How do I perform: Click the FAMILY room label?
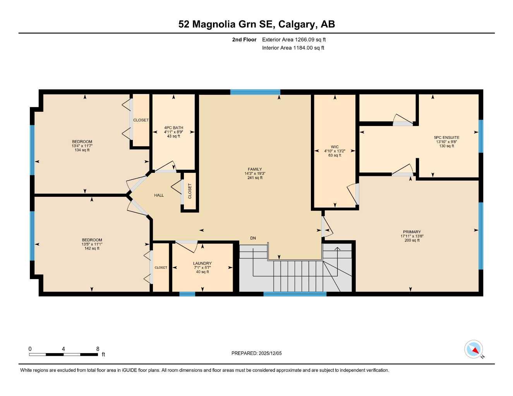255,169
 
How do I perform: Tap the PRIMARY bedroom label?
411,232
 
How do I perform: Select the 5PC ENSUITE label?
446,138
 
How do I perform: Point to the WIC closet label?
335,147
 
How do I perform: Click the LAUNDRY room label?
202,263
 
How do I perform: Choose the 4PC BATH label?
173,128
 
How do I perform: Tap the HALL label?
159,195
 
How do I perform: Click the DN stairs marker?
253,238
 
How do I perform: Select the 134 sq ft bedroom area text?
82,150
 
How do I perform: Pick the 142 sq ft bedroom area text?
92,248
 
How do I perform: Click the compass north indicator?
474,350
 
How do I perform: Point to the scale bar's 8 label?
98,349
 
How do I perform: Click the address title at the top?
256,24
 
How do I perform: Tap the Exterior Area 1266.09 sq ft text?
294,39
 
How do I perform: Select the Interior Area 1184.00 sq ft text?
293,48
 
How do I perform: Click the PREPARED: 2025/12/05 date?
256,353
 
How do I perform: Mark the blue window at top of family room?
255,92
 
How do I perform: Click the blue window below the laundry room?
187,294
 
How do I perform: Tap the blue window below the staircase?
295,294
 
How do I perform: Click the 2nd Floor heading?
244,39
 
